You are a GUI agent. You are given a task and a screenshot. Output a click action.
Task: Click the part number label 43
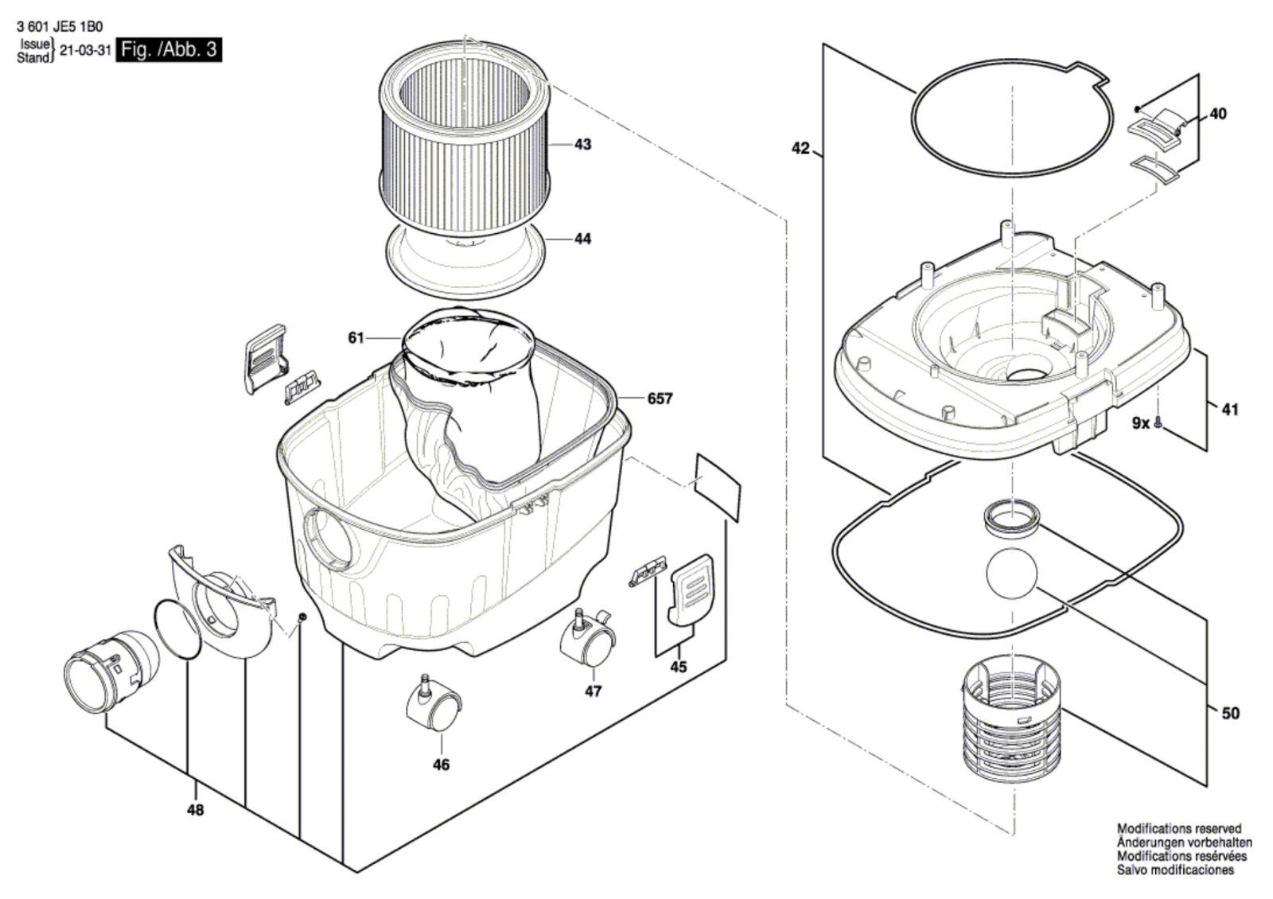(x=582, y=145)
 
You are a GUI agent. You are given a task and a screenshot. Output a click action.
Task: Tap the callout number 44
(x=582, y=239)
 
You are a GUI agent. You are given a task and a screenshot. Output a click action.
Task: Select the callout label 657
(x=660, y=399)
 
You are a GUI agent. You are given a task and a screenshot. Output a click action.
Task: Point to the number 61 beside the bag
(x=356, y=338)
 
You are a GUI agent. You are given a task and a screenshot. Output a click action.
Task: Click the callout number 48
(x=195, y=811)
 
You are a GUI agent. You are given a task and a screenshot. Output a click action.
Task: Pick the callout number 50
(x=1230, y=714)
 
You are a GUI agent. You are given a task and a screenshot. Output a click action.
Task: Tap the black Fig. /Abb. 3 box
(x=169, y=50)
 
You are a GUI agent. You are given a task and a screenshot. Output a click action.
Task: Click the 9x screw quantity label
(x=1141, y=422)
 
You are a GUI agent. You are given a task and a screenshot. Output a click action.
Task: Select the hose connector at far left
(x=111, y=671)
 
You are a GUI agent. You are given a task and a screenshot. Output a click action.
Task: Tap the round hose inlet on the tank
(x=329, y=538)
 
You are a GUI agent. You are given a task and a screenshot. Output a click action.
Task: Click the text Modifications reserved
(x=1179, y=829)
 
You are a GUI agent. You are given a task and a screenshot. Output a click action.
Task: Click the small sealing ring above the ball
(x=1011, y=518)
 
